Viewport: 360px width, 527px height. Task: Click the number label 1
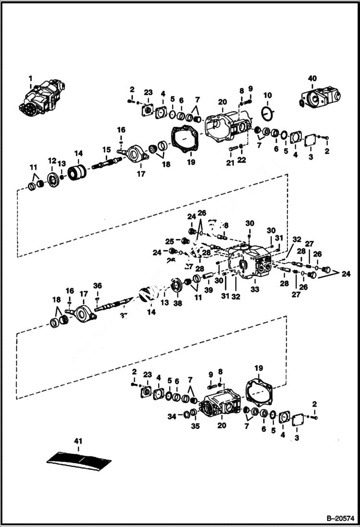point(31,77)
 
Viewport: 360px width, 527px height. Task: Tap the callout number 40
point(312,77)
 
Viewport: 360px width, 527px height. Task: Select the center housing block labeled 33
point(250,262)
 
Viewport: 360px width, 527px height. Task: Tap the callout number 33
point(255,290)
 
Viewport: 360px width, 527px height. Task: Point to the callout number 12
point(51,160)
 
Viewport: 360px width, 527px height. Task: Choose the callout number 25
point(170,241)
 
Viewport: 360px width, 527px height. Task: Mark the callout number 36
point(98,285)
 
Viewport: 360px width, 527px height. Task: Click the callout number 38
point(177,304)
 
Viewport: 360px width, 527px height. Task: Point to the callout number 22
point(242,160)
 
